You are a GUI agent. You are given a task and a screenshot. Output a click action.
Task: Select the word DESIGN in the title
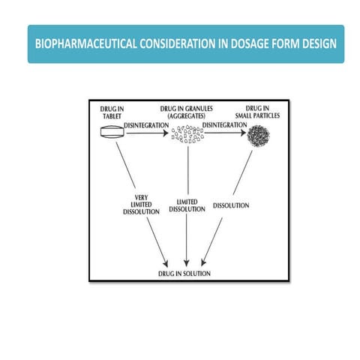315,44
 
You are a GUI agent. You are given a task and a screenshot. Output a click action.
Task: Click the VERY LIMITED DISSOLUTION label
142,205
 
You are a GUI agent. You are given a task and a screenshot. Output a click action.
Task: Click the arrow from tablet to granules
148,133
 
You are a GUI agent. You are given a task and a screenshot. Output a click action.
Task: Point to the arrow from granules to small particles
224,133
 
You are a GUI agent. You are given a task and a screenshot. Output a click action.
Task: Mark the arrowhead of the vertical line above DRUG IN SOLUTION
186,262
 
